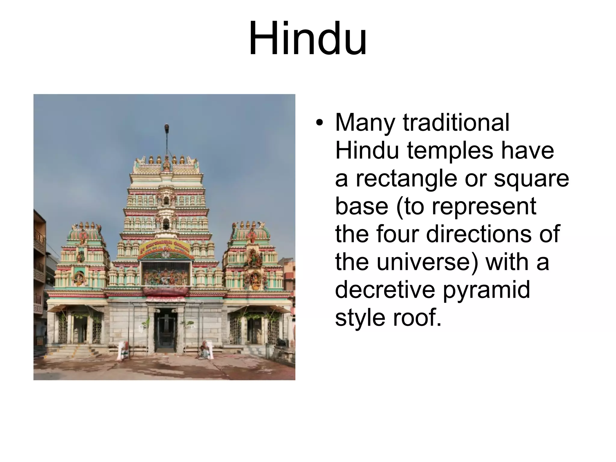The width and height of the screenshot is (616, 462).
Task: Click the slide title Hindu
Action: point(307,38)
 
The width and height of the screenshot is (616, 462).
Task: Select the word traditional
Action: point(456,122)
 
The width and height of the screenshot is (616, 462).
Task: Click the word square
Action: point(531,179)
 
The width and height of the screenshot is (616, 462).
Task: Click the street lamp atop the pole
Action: point(167,128)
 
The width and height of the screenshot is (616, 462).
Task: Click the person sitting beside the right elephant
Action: point(204,352)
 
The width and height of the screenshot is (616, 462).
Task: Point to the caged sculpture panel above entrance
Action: point(166,274)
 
